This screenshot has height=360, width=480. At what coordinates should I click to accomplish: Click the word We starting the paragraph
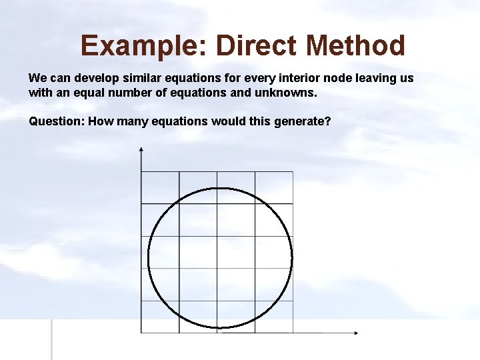(x=37, y=78)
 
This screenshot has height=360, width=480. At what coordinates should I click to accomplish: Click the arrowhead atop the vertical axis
(x=141, y=149)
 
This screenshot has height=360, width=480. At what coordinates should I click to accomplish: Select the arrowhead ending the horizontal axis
(x=356, y=332)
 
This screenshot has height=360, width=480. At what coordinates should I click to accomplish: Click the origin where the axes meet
(x=141, y=332)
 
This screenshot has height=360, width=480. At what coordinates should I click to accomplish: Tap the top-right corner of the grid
(x=293, y=172)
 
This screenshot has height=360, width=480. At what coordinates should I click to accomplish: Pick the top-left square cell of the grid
(x=160, y=188)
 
